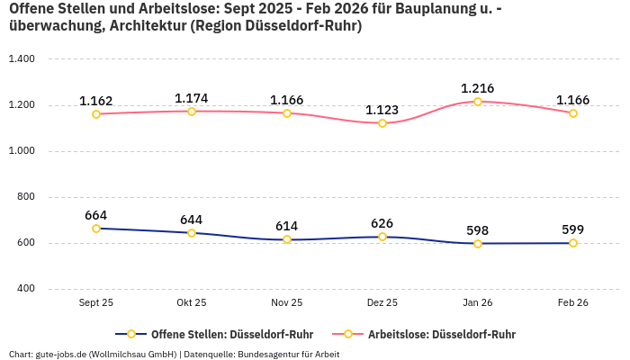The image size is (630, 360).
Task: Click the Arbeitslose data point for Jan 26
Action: (478, 102)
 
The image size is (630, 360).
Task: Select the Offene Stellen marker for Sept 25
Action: (96, 229)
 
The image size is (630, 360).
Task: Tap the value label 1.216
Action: (478, 88)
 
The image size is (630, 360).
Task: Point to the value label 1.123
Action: (382, 110)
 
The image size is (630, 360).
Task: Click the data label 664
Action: (96, 215)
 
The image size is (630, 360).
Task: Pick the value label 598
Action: (478, 230)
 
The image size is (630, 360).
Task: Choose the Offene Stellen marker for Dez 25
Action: (382, 237)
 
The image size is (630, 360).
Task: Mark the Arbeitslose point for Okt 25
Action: (192, 112)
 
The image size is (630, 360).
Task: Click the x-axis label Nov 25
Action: (287, 303)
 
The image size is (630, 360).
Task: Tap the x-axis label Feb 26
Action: (573, 303)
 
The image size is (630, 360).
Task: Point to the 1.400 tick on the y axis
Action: (21, 59)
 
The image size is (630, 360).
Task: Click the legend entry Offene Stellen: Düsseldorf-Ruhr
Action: (225, 334)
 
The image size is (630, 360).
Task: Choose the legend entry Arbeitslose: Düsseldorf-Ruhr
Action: (441, 334)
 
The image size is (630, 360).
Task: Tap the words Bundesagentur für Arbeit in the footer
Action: (290, 354)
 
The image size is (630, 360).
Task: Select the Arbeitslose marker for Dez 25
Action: (382, 123)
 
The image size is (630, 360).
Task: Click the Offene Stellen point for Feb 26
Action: (573, 243)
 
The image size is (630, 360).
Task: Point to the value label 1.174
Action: (192, 98)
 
